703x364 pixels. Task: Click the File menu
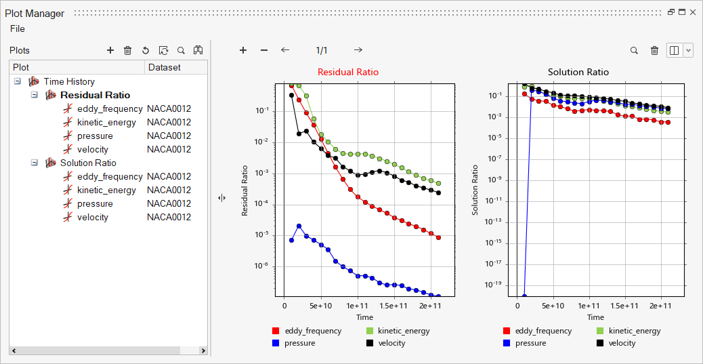pos(18,28)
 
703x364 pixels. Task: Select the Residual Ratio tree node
pos(95,95)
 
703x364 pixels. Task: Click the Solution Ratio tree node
pos(88,163)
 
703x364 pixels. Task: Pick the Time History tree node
pos(69,81)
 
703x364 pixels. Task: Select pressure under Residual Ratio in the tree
pos(95,136)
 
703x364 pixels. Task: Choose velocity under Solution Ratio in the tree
pos(93,217)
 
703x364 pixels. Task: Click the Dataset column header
pos(165,67)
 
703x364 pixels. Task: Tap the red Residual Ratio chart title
pos(348,72)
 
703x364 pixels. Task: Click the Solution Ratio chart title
pos(578,72)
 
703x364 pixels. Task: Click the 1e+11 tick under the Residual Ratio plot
pos(357,306)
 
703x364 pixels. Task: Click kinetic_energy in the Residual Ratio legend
pos(404,331)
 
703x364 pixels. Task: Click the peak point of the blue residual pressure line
pos(299,226)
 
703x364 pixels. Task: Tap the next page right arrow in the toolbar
pos(358,50)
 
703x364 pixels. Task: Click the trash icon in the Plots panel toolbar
pos(127,50)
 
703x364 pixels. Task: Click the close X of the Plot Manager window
pos(693,12)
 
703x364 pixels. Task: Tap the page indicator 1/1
pos(322,50)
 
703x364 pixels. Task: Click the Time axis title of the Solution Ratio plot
pos(595,317)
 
